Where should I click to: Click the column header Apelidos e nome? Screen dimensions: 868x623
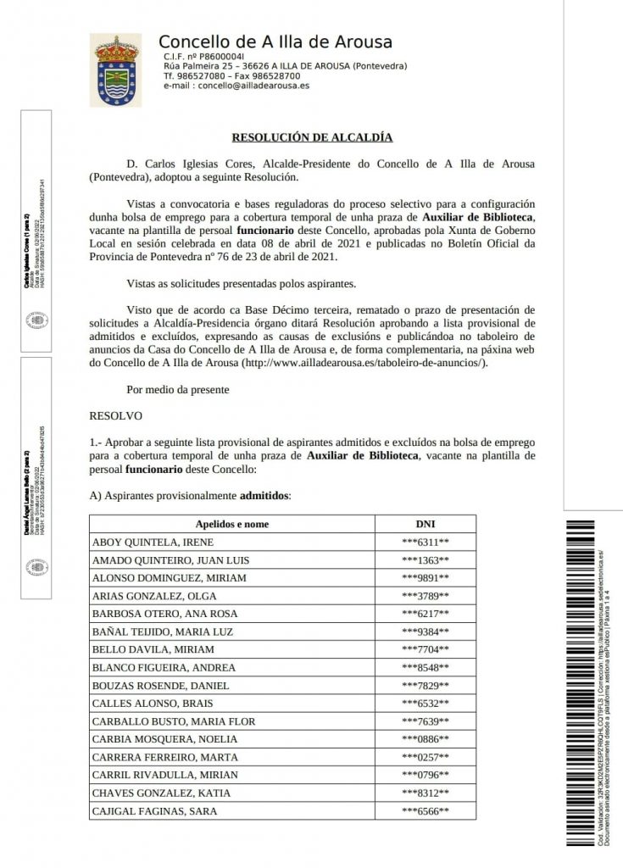pos(231,524)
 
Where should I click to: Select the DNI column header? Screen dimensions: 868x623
pos(425,524)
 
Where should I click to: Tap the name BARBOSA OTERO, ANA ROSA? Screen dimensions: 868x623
pos(153,614)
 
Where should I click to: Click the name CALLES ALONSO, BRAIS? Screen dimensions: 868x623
pos(139,704)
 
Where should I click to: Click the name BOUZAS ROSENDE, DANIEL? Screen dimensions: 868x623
pos(151,685)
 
